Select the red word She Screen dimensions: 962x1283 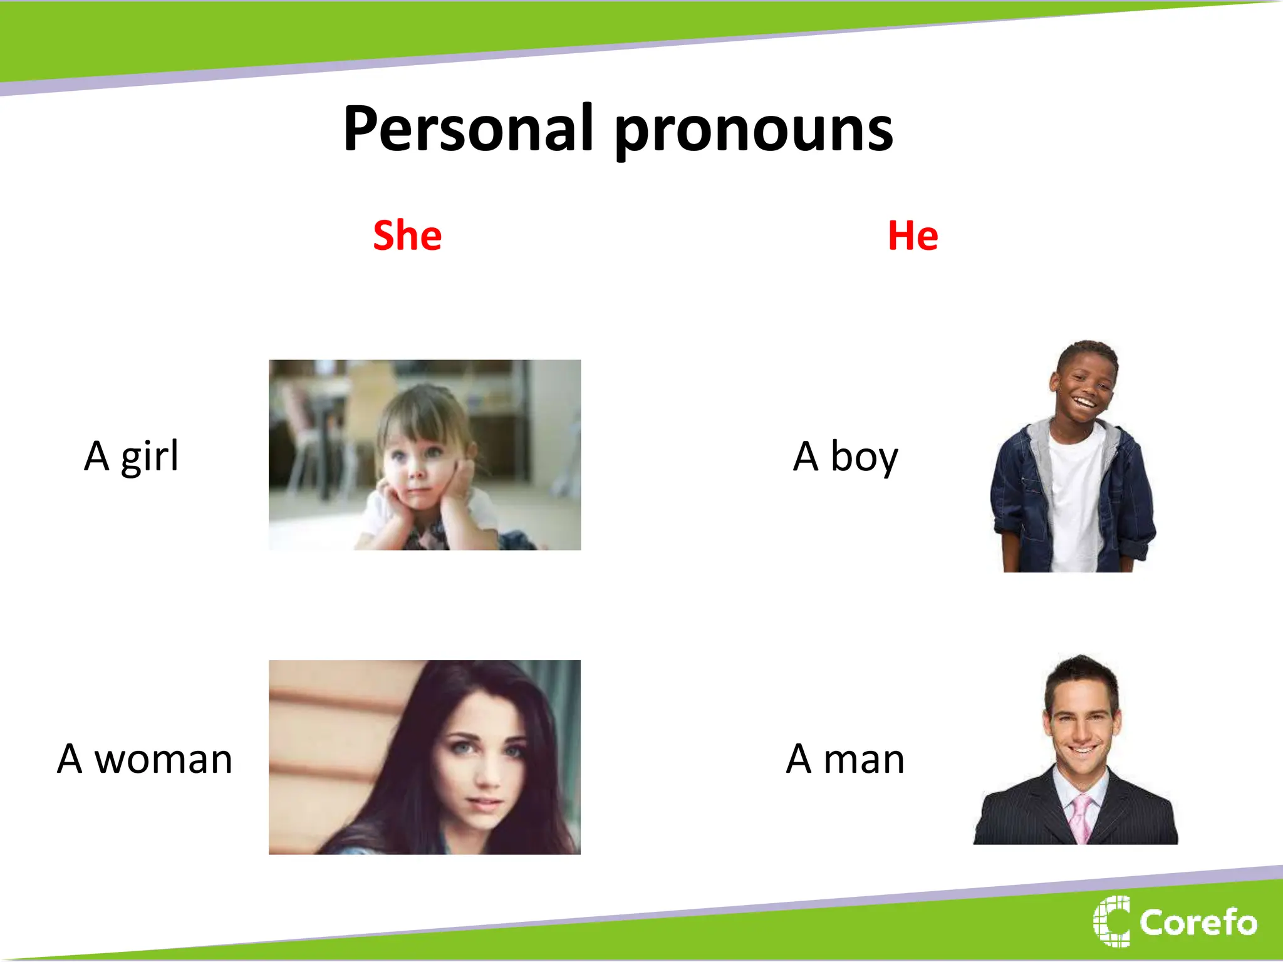407,235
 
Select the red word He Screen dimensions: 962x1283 913,235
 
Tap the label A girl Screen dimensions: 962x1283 132,456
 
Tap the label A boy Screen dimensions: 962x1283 845,457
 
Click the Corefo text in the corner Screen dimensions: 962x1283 1198,922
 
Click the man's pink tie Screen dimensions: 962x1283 1082,817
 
